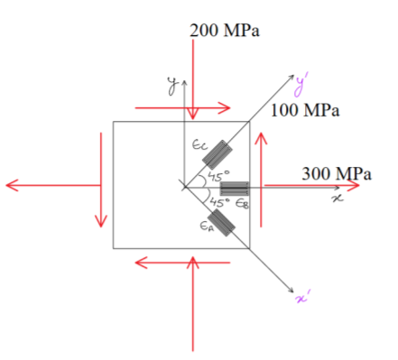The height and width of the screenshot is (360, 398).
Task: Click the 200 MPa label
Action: click(x=225, y=31)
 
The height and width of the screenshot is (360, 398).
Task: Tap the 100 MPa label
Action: click(x=305, y=110)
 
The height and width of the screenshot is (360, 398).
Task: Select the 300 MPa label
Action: click(x=337, y=173)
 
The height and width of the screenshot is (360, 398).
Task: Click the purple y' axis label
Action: click(x=301, y=85)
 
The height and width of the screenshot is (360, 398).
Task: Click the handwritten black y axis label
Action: click(x=172, y=86)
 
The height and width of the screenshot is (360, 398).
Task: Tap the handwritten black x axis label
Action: click(x=338, y=198)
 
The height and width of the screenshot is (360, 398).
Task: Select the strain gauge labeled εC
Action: click(x=218, y=154)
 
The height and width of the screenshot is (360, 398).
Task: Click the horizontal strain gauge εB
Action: click(x=235, y=189)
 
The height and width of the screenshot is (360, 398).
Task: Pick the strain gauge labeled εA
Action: click(x=221, y=223)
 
